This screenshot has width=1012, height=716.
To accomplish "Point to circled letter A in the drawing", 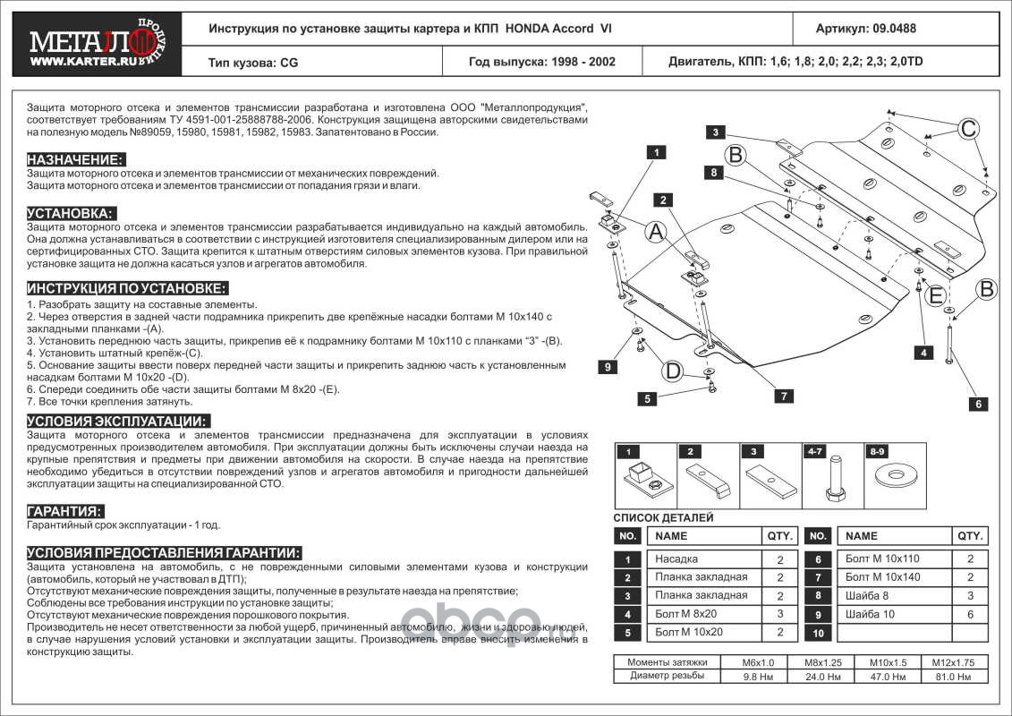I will [x=655, y=233].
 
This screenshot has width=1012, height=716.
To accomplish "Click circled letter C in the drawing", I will [x=967, y=129].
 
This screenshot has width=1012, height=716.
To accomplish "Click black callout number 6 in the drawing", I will [x=980, y=404].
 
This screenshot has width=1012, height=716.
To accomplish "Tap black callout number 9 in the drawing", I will [x=606, y=368].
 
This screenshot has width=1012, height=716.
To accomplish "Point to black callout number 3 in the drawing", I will [x=716, y=132].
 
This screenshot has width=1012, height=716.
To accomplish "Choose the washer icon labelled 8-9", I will [x=891, y=475].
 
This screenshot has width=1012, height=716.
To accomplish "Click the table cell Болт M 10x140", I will [x=881, y=577].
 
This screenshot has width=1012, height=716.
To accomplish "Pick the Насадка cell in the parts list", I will [x=676, y=559].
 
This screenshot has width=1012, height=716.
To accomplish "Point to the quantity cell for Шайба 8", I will [x=970, y=596].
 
